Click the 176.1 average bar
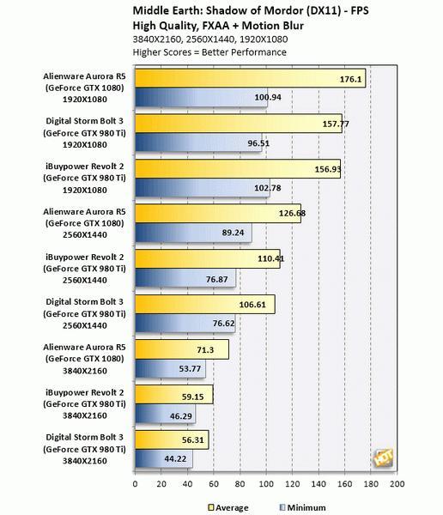tap(250, 78)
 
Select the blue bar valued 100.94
tap(201, 97)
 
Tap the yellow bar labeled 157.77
tap(239, 124)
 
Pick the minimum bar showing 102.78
tap(203, 188)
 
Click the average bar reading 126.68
tap(218, 214)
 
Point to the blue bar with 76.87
tap(185, 278)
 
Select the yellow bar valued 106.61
tap(205, 304)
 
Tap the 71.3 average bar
tap(182, 349)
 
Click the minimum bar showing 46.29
tap(166, 414)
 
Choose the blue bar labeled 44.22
tap(164, 459)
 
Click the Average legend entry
tap(228, 508)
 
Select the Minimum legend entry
tap(303, 508)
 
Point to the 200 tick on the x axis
tap(397, 484)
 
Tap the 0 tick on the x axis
tap(135, 484)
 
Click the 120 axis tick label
tap(292, 484)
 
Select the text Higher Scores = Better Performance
tap(209, 52)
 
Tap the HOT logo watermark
tap(383, 457)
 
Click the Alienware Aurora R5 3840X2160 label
tap(84, 359)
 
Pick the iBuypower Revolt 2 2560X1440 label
tap(84, 269)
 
